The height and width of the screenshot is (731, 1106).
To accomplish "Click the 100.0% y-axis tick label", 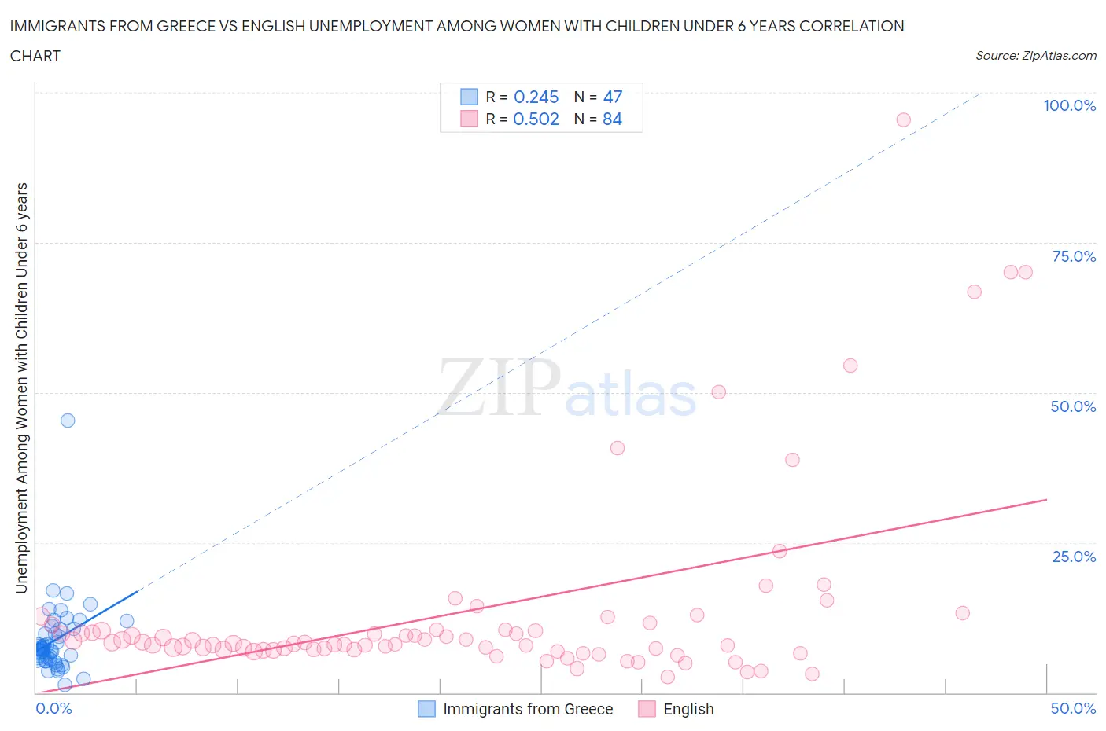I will (x=1069, y=106).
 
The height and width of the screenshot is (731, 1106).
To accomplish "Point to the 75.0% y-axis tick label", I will (x=1073, y=256).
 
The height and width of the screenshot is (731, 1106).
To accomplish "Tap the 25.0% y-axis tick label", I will (x=1073, y=557).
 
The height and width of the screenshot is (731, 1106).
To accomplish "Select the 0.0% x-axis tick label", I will (x=53, y=708).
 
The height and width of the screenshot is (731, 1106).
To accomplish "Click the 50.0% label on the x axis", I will (x=1073, y=708).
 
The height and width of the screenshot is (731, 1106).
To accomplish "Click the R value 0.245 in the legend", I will (x=536, y=97).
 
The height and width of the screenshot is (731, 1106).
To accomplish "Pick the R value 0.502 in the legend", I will (x=536, y=119).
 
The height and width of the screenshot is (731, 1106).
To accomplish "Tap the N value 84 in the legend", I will (x=612, y=119).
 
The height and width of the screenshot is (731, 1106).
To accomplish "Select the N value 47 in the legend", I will (x=612, y=97).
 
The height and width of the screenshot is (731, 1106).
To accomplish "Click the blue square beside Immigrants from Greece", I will (x=426, y=709).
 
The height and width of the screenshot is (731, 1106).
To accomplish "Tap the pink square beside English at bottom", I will (x=647, y=709).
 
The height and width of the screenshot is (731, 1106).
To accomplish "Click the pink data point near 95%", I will (x=903, y=119).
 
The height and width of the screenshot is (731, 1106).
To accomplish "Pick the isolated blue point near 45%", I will (x=68, y=421).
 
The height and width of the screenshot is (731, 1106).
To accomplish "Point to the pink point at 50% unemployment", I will (x=718, y=391).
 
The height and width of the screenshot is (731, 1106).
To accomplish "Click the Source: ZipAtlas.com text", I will (x=1035, y=56).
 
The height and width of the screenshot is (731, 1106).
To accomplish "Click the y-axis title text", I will (x=21, y=388).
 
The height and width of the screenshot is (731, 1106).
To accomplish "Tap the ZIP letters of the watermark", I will (x=499, y=387).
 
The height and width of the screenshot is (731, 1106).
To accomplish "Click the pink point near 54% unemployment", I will (x=850, y=365).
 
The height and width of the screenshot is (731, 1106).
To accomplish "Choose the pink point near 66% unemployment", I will (x=974, y=292).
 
